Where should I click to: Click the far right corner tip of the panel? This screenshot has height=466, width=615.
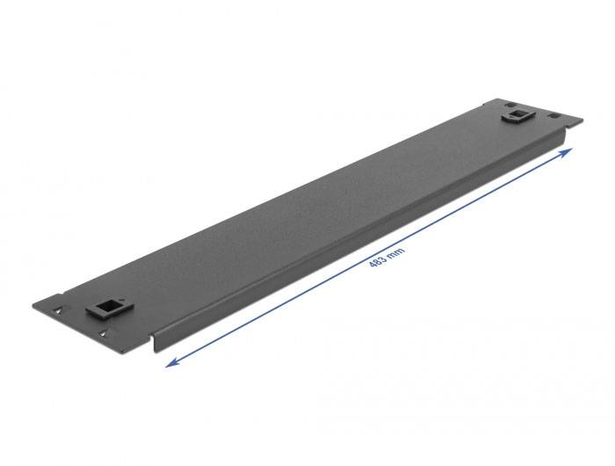click(x=582, y=123)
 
